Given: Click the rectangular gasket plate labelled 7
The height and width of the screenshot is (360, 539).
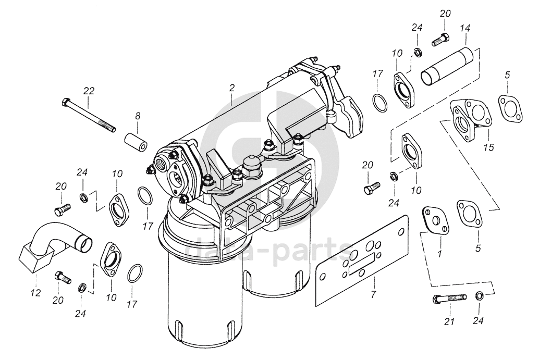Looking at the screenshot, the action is coord(362,260).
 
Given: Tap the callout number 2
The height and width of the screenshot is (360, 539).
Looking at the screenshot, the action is coord(232,88).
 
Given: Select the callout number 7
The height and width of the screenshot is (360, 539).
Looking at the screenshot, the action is coord(374,294).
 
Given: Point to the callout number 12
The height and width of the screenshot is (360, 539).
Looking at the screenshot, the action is coord(35,292).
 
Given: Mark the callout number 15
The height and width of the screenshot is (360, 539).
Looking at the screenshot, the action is coord(488,147).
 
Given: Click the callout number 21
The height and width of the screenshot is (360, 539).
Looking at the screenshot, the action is coord(449,321).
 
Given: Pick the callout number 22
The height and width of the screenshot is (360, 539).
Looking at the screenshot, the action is coord(88,91).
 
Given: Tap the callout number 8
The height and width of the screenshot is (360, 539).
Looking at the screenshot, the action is coord(138,116).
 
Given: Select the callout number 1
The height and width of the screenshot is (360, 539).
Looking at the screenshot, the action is coord(439,254).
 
